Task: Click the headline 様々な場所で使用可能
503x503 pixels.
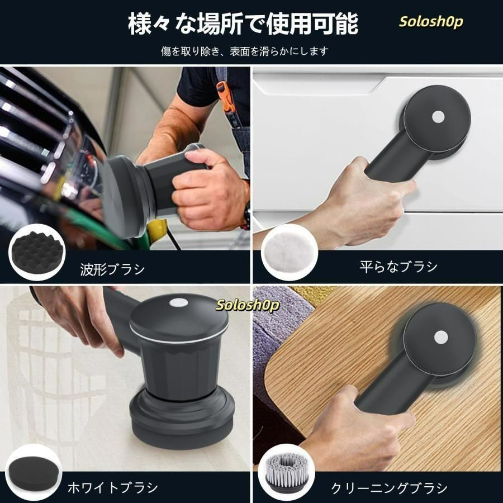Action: click(243, 23)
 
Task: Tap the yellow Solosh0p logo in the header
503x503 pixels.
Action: click(431, 22)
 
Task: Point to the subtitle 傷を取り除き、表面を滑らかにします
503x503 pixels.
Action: click(244, 51)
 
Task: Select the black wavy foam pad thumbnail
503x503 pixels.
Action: click(37, 252)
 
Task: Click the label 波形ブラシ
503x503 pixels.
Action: click(112, 269)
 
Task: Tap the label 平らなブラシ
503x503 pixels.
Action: click(398, 267)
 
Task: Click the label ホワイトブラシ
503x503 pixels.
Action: click(112, 487)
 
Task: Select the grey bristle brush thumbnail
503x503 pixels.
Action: click(287, 473)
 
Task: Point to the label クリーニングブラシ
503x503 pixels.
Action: click(389, 488)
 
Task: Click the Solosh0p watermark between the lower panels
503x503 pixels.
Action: click(247, 305)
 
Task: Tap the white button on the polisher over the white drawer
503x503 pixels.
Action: click(438, 117)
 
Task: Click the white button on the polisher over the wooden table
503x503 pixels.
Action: click(441, 337)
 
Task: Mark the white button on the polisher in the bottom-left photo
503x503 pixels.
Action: click(179, 302)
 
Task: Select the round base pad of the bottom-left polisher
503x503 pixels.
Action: click(182, 419)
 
